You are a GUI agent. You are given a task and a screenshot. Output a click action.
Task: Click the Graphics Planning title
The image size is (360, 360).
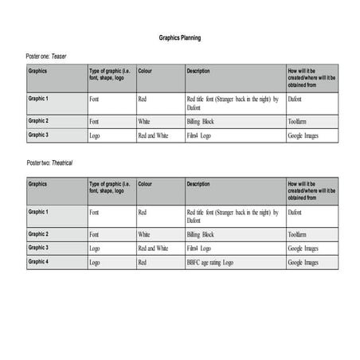tap(180, 37)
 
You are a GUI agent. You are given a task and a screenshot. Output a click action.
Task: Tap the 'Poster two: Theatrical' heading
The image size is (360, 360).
tap(51, 162)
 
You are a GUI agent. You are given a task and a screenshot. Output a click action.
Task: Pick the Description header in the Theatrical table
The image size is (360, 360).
tap(198, 184)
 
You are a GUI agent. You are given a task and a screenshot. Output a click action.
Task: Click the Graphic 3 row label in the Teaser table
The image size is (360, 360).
tap(39, 135)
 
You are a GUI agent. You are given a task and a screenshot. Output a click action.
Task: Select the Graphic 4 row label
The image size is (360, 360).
tap(39, 261)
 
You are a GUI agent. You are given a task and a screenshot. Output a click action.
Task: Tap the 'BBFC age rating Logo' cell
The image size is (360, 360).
tap(210, 262)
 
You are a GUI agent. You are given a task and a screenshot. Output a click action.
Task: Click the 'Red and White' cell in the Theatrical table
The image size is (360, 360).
tap(153, 248)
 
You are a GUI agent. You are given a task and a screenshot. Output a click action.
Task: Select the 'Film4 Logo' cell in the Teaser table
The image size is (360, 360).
tap(199, 136)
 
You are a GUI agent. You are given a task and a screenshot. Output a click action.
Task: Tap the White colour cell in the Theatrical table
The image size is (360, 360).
tap(144, 235)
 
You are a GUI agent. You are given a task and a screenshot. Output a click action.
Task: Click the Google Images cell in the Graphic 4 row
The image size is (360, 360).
tap(303, 262)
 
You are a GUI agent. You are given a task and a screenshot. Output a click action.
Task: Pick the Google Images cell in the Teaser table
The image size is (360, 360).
tap(303, 136)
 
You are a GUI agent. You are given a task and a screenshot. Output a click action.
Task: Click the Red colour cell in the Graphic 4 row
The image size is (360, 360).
tap(142, 262)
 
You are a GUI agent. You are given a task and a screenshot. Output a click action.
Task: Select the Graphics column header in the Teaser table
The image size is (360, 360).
tap(38, 71)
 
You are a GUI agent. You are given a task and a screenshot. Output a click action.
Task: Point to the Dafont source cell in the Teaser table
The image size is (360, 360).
tap(295, 100)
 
